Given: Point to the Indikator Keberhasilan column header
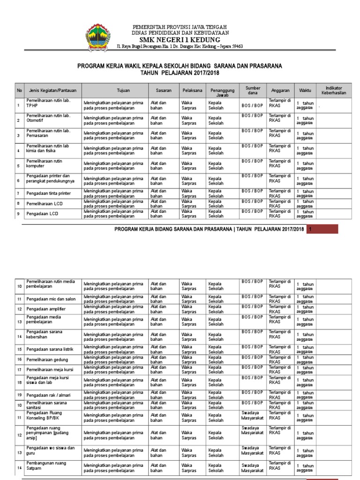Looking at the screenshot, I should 334,90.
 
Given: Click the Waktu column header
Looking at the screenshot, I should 305,90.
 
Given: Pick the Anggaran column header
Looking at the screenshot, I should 280,90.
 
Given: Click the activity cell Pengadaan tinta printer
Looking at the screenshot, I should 49,193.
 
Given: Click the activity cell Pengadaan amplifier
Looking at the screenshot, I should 46,309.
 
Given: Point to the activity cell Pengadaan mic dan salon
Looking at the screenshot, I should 51,299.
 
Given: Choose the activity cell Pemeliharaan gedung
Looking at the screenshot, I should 47,360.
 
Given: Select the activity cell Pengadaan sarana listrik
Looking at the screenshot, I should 50,349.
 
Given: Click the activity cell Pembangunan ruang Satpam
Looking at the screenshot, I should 46,465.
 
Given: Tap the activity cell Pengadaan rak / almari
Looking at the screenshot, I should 48,395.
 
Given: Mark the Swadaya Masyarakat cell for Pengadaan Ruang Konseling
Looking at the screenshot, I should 252,415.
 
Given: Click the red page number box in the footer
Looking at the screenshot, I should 322,229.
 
